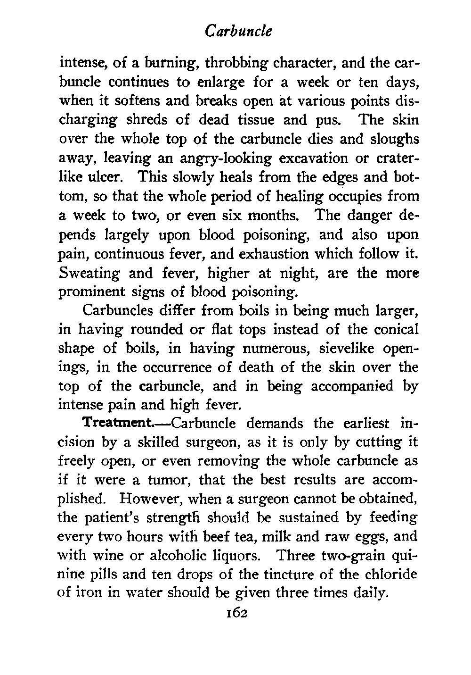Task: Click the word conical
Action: pos(391,329)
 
